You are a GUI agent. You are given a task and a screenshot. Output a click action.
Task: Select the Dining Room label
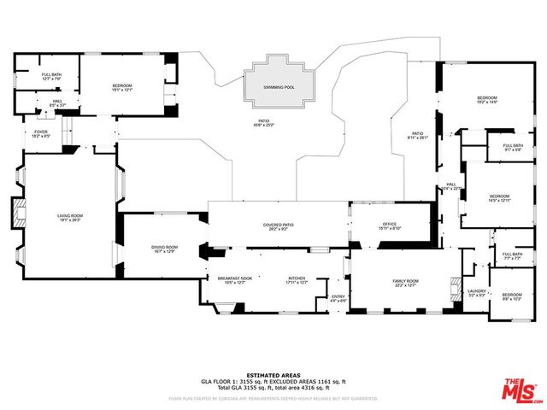[x=165, y=248]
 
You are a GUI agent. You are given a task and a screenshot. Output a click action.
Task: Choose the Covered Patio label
[x=279, y=226]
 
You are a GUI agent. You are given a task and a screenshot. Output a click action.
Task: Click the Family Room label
[x=405, y=283]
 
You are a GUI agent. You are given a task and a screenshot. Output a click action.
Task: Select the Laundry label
[x=476, y=292]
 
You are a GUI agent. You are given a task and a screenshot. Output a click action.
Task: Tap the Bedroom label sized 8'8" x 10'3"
[x=510, y=296]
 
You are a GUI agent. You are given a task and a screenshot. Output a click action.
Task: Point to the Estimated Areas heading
[x=273, y=375]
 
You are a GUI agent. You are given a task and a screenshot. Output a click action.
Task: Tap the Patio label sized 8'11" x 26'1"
[x=417, y=136]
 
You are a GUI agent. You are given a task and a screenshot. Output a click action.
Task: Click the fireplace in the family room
[x=454, y=292]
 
